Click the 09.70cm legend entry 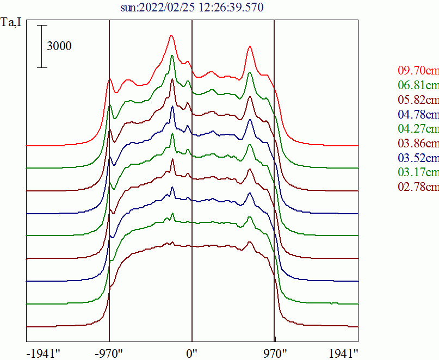coord(418,71)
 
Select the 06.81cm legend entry coord(418,85)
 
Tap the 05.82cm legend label coord(418,100)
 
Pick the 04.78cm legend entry coord(418,115)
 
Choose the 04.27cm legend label coord(418,129)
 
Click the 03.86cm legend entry coord(418,144)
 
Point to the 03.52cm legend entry coord(418,158)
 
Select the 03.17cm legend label coord(418,173)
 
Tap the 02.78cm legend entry coord(418,188)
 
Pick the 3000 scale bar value coord(59,46)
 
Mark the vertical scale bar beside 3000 coord(42,46)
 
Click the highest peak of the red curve coord(171,36)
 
